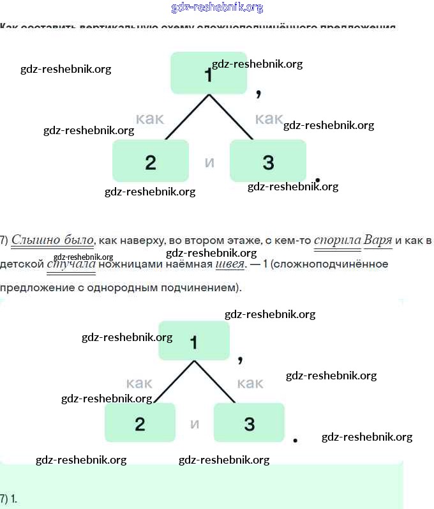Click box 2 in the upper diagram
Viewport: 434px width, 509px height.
pyautogui.click(x=151, y=161)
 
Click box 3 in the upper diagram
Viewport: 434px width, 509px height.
pyautogui.click(x=268, y=161)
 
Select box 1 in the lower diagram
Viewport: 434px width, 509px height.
pyautogui.click(x=193, y=342)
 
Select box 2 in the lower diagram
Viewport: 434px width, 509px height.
pyautogui.click(x=140, y=423)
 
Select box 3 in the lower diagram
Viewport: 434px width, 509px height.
pyautogui.click(x=249, y=423)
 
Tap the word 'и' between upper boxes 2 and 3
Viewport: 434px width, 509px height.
pyautogui.click(x=209, y=162)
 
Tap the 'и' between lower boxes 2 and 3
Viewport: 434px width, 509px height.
pyautogui.click(x=195, y=423)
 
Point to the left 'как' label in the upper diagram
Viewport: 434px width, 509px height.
pyautogui.click(x=150, y=118)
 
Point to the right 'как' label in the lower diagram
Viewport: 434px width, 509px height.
pyautogui.click(x=250, y=383)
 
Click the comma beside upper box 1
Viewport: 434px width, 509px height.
pyautogui.click(x=258, y=94)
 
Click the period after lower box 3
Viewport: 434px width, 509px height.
pyautogui.click(x=295, y=440)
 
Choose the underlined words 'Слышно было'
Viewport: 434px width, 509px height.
pyautogui.click(x=53, y=240)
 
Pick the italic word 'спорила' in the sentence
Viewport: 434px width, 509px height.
pyautogui.click(x=336, y=240)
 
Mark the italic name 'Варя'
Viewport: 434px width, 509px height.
pyautogui.click(x=378, y=240)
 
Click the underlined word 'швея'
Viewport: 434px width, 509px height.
pyautogui.click(x=230, y=264)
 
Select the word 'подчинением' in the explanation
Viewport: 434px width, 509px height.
pyautogui.click(x=205, y=287)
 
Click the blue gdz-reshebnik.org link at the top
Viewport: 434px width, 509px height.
pyautogui.click(x=217, y=8)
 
